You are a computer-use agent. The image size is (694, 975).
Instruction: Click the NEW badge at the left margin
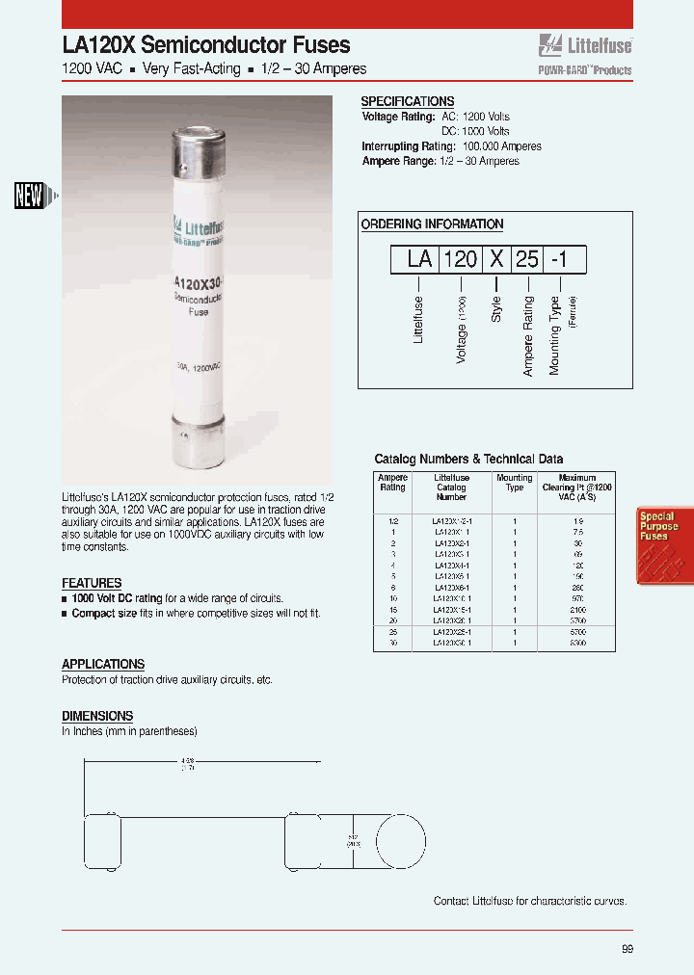(30, 196)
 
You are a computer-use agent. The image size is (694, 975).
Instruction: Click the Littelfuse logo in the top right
(584, 45)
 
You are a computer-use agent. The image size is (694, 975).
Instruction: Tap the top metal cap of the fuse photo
(200, 155)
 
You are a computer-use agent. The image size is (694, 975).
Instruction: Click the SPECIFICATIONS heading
(407, 101)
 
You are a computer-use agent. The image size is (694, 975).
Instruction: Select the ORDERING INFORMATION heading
(432, 224)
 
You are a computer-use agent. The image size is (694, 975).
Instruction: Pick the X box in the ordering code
(496, 260)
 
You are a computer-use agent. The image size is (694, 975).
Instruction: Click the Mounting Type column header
(515, 483)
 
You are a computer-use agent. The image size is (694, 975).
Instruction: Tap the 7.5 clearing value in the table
(577, 531)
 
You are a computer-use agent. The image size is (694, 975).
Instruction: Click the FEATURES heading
(92, 583)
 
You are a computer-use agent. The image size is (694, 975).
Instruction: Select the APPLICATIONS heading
(103, 665)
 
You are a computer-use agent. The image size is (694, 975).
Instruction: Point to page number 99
(627, 949)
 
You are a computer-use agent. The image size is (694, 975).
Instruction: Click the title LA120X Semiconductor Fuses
(206, 45)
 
